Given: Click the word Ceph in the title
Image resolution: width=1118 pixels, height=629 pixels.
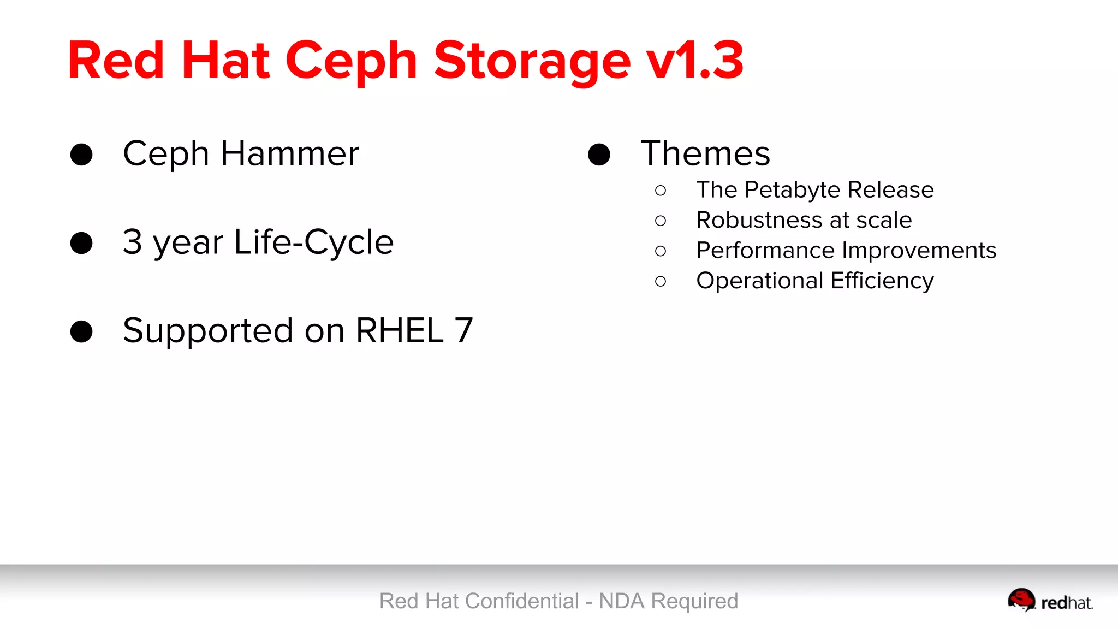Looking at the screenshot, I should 351,62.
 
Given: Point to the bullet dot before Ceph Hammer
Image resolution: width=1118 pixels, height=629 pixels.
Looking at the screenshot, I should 81,155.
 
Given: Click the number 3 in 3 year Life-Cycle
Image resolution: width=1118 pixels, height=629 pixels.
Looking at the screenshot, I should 133,242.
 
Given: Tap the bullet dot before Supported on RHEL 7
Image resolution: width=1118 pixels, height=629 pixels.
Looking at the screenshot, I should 81,331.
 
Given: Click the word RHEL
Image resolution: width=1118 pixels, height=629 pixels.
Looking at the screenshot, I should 400,330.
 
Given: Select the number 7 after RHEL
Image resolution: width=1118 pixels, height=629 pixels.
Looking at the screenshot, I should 463,330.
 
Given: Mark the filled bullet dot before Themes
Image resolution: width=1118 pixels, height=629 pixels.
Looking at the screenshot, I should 599,155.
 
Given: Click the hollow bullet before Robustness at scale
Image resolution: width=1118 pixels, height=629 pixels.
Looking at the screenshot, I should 661,221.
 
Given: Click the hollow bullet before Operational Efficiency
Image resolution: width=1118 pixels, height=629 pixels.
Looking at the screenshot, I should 661,281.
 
